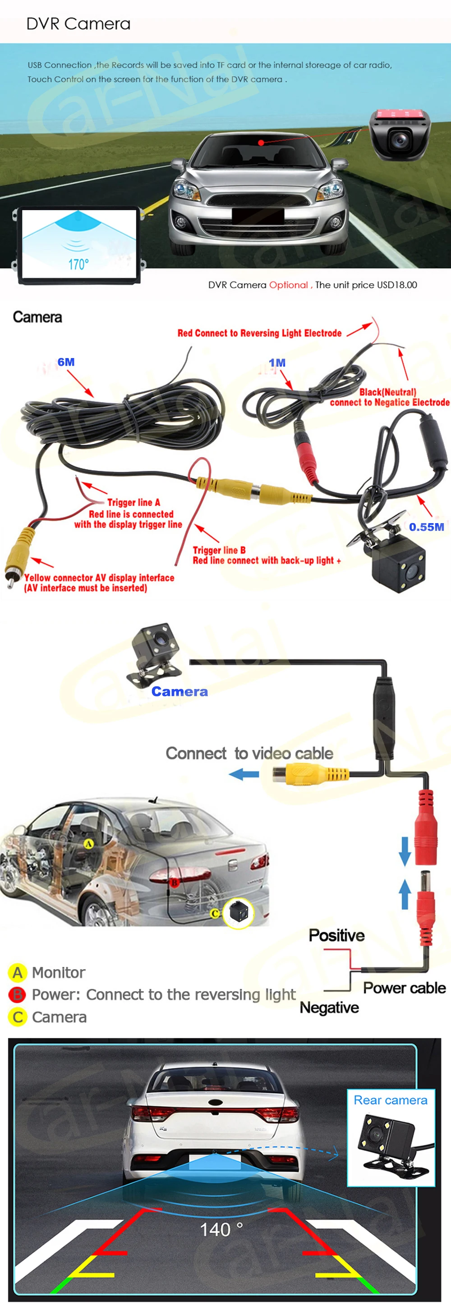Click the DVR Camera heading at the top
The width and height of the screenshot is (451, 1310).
[x=78, y=24]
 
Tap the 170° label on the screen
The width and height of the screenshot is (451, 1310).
[x=78, y=264]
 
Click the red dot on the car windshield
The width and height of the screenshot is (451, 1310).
[x=261, y=142]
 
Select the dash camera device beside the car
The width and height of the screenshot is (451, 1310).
[x=399, y=135]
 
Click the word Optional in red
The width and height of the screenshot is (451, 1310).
[x=288, y=285]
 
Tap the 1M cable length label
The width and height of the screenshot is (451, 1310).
[x=277, y=363]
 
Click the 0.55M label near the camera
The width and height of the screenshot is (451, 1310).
[x=426, y=527]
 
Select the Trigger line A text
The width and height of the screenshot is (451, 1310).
[x=133, y=502]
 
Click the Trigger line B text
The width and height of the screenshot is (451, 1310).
[x=219, y=550]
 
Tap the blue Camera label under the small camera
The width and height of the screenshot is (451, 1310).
[x=179, y=692]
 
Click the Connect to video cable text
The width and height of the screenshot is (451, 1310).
[x=249, y=753]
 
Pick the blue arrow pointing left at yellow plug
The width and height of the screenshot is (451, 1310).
[x=244, y=775]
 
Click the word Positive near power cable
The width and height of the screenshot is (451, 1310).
[x=336, y=935]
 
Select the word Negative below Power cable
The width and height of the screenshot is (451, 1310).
[x=329, y=1007]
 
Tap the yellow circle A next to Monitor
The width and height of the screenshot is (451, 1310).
[x=17, y=972]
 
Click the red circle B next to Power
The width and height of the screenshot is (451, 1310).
[x=17, y=994]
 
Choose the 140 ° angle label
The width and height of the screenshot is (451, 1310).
[x=221, y=1230]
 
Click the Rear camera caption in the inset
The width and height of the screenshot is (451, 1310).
[x=390, y=1100]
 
